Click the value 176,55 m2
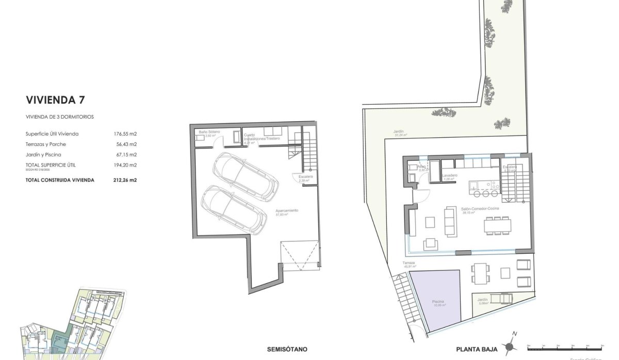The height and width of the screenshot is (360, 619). (x=125, y=134)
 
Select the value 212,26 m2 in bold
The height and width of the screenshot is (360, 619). (x=125, y=180)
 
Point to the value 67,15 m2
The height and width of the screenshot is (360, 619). (x=125, y=154)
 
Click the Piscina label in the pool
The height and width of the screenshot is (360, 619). (x=438, y=302)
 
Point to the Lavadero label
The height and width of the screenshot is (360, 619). (x=450, y=176)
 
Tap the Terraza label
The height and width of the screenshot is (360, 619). (x=410, y=263)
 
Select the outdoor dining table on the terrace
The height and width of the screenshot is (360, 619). (x=480, y=273)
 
